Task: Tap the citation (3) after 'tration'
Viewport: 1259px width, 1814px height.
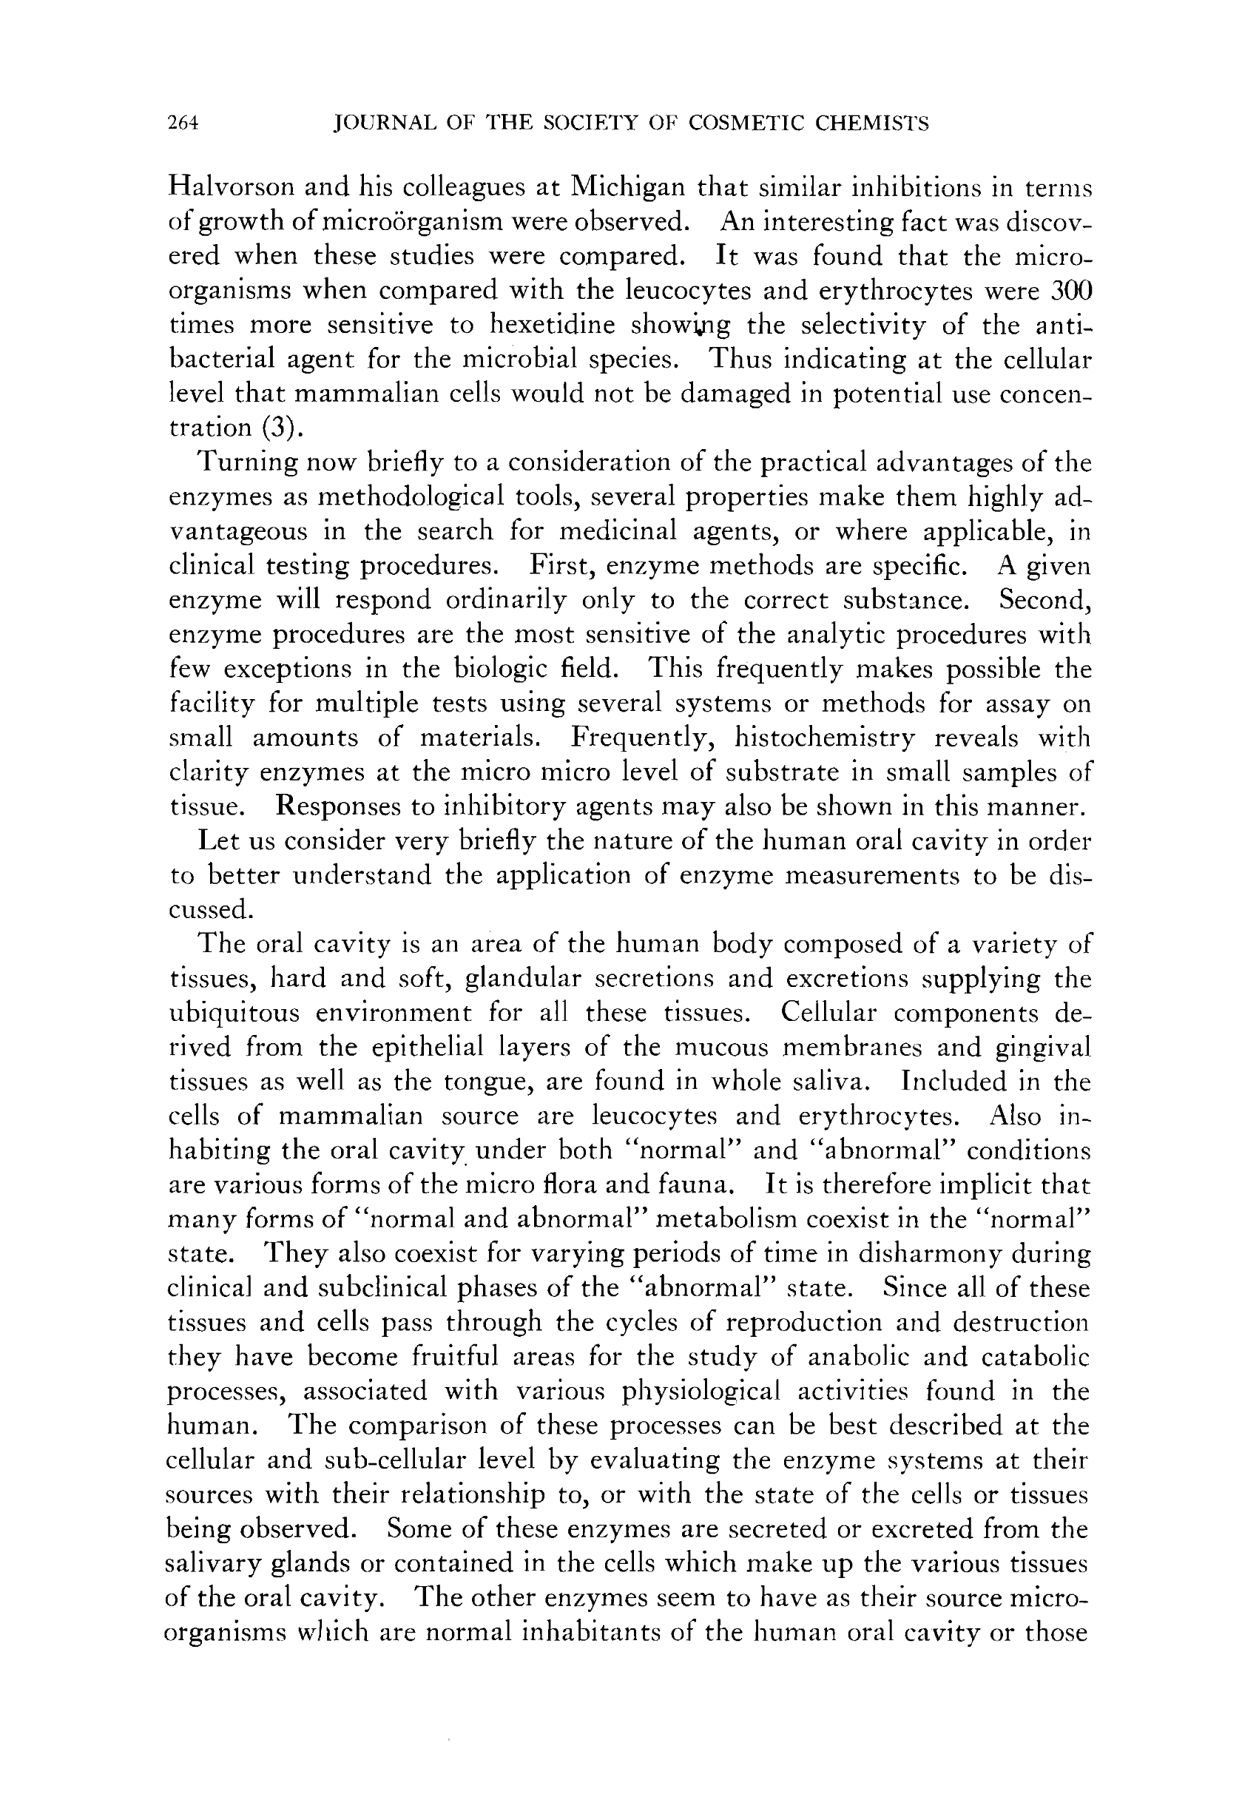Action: pyautogui.click(x=283, y=428)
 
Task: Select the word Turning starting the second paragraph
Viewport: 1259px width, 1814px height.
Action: pyautogui.click(x=247, y=462)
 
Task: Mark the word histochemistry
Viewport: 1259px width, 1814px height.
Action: pyautogui.click(x=824, y=738)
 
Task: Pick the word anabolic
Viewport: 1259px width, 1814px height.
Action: pyautogui.click(x=858, y=1357)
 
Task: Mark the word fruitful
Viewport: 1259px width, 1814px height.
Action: pyautogui.click(x=454, y=1357)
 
